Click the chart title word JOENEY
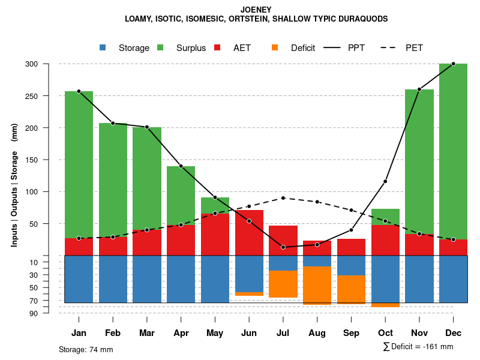256,10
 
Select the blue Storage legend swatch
103,47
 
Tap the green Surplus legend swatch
160,47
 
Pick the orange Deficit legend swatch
275,47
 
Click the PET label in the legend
414,47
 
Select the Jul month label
283,333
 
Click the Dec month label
453,333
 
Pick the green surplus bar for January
79,164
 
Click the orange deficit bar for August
317,285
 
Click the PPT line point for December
453,64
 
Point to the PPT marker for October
385,181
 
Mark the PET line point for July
283,198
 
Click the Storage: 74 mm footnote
86,349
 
